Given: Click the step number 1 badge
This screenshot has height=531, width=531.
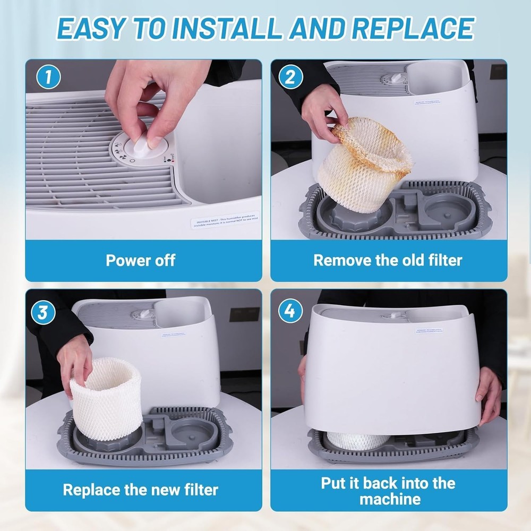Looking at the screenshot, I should click(48, 78).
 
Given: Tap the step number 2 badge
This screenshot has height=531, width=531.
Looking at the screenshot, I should click(290, 78).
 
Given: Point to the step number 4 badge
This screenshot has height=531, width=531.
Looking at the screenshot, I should click(290, 312).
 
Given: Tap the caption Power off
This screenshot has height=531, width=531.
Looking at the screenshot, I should click(140, 260).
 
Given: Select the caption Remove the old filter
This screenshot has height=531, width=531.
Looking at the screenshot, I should click(388, 260).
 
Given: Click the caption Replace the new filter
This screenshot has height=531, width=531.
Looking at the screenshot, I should click(140, 489).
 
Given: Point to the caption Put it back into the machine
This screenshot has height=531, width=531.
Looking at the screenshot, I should click(388, 491).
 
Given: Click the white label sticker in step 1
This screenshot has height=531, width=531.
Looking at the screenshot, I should click(226, 220).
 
